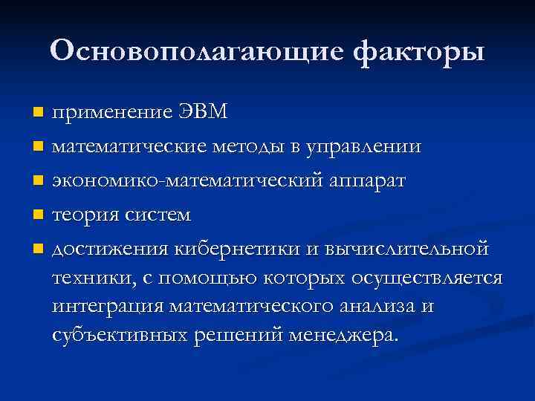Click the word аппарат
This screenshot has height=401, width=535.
coord(365,181)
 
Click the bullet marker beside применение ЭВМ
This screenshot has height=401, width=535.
coord(39,113)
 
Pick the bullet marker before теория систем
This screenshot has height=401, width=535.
coord(39,215)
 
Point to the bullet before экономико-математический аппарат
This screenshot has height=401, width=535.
coord(39,181)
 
